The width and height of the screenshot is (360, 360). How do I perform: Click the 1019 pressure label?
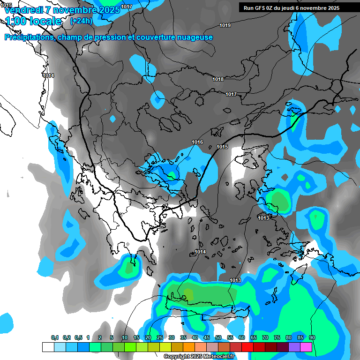pyautogui.click(x=225, y=25)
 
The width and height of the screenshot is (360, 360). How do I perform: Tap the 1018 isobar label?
pyautogui.click(x=218, y=79)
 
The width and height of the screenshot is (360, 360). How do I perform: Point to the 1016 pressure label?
pyautogui.click(x=197, y=142)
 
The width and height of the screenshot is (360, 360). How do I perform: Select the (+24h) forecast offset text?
pyautogui.click(x=81, y=21)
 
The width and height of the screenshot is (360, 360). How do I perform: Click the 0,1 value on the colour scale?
pyautogui.click(x=55, y=337)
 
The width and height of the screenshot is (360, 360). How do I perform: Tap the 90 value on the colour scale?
pyautogui.click(x=312, y=337)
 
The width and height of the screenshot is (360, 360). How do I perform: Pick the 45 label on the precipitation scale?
pyautogui.click(x=207, y=337)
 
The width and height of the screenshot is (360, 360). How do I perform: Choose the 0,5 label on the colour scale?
pyautogui.click(x=78, y=337)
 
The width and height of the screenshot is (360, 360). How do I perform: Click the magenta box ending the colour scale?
pyautogui.click(x=306, y=347)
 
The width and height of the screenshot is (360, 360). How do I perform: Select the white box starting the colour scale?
pyautogui.click(x=48, y=347)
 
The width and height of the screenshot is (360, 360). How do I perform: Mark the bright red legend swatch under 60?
pyautogui.click(x=247, y=347)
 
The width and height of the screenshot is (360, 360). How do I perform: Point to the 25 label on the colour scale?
pyautogui.click(x=160, y=337)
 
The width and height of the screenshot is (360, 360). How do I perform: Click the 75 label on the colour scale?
pyautogui.click(x=277, y=337)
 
